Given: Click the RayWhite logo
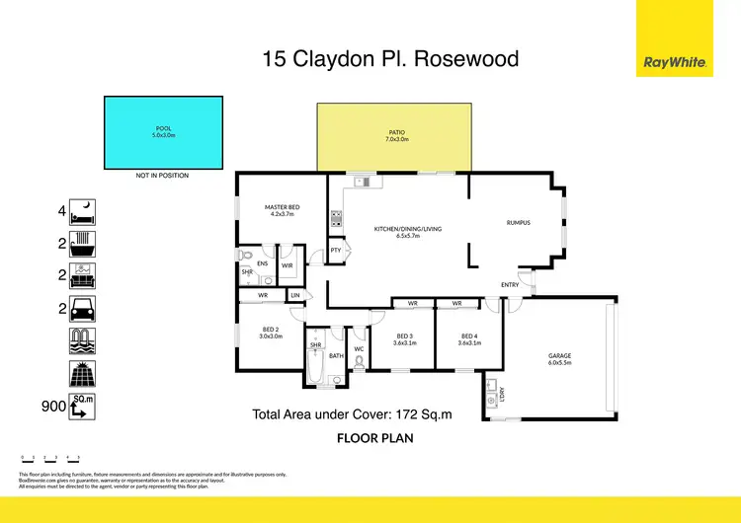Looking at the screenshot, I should tap(675, 62).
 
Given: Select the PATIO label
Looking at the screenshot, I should tap(397, 133).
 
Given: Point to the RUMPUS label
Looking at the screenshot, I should tap(519, 222).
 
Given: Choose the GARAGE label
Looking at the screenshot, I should tap(560, 358).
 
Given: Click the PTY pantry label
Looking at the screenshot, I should tap(336, 251).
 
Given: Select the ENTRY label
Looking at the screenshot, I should tap(510, 285).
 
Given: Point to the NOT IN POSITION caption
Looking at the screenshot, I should tap(162, 176).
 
